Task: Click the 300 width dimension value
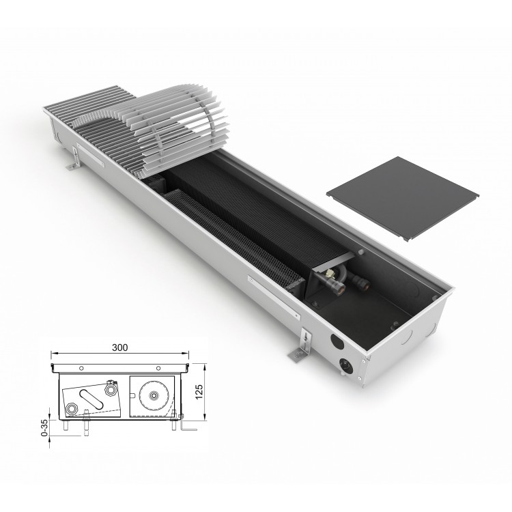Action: click(x=120, y=347)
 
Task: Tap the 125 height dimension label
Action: click(x=199, y=392)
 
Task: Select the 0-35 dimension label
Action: click(x=44, y=427)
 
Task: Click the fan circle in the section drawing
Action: click(x=153, y=395)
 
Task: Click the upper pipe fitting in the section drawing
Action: click(x=111, y=389)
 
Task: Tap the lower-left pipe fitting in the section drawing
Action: click(x=71, y=409)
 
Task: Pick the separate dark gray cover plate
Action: click(x=403, y=198)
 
